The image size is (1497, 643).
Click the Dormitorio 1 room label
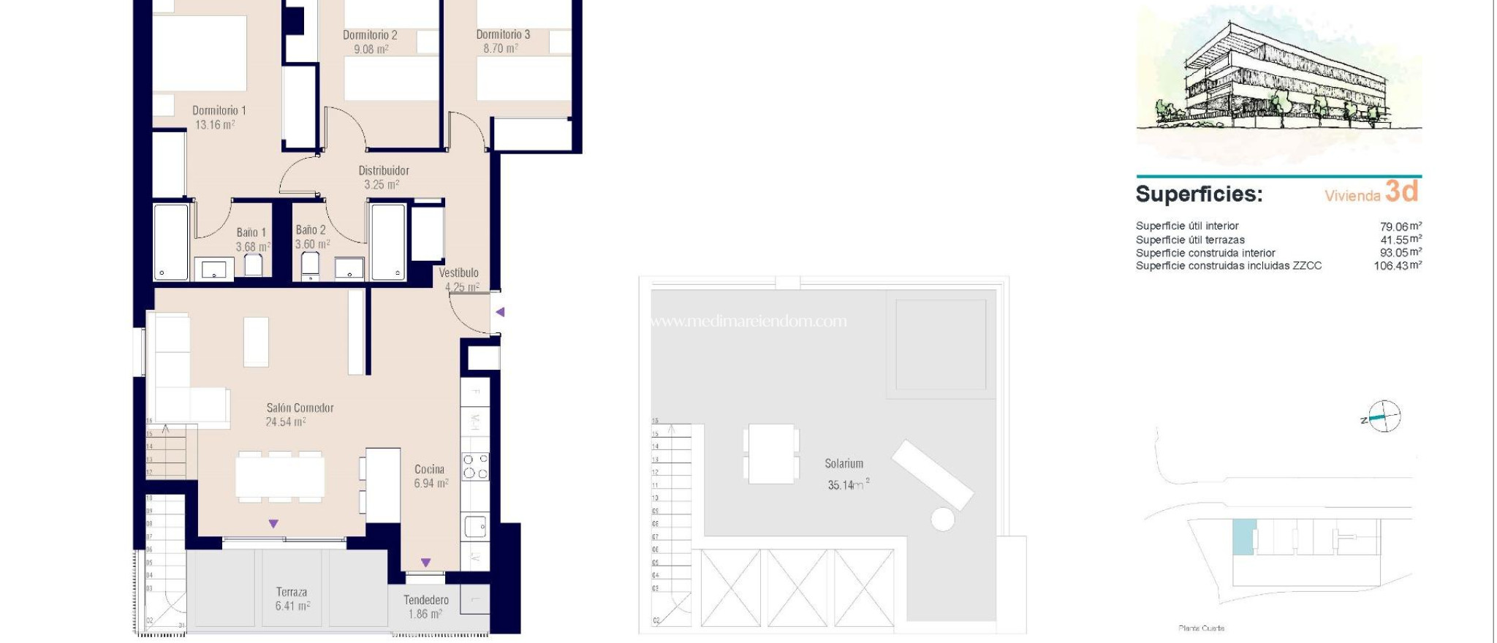click(x=219, y=110)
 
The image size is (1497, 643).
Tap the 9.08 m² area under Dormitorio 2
click(x=371, y=50)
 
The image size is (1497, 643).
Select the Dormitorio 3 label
click(x=503, y=34)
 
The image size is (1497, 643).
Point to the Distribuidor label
click(x=384, y=170)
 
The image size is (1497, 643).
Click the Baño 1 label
click(x=251, y=232)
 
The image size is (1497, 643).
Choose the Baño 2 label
click(x=311, y=230)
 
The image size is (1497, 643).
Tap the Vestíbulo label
click(x=458, y=273)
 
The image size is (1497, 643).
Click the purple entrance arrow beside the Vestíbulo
click(x=500, y=312)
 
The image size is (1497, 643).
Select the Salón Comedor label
click(x=300, y=408)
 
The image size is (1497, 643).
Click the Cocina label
click(x=429, y=469)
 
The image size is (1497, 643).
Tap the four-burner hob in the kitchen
click(x=475, y=466)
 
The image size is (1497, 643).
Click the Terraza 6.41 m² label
click(x=292, y=599)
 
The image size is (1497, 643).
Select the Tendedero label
click(x=426, y=600)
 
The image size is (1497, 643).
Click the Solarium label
click(x=844, y=463)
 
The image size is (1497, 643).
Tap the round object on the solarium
click(x=943, y=520)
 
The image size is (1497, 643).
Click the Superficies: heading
click(x=1199, y=194)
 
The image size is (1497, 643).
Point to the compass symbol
click(x=1384, y=417)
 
